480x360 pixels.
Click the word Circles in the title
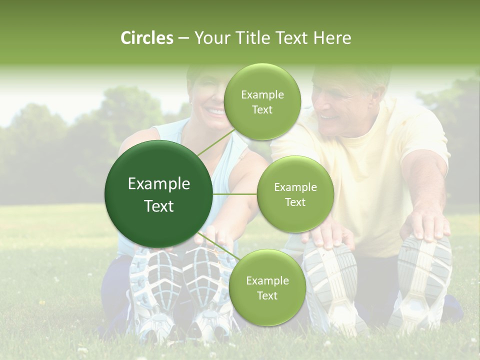[x=146, y=38]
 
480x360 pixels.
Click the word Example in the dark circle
[x=159, y=184]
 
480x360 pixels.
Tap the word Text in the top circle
[x=262, y=110]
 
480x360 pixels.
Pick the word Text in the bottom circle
[x=267, y=295]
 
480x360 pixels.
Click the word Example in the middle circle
[x=295, y=187]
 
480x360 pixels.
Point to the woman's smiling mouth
[x=216, y=111]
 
